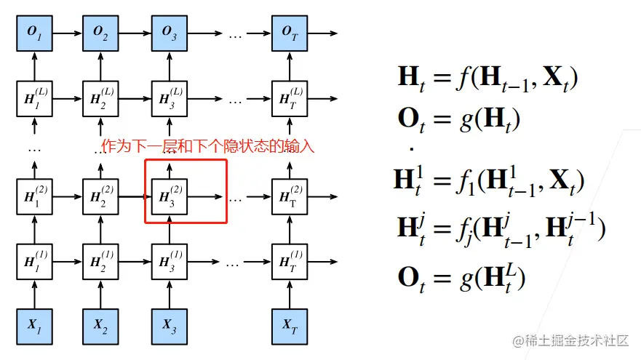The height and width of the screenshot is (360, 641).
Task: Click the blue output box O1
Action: [35, 33]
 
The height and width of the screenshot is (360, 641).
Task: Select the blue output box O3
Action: [170, 33]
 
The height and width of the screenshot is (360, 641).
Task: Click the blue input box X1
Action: [35, 326]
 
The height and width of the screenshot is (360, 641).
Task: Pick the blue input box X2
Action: [103, 326]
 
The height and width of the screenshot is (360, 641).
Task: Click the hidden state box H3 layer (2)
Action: [170, 197]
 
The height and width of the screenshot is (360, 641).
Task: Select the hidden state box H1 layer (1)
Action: [35, 261]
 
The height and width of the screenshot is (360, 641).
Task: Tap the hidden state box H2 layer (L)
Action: [103, 97]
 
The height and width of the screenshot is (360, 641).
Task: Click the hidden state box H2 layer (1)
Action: [103, 261]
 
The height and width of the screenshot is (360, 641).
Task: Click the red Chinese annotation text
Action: [207, 146]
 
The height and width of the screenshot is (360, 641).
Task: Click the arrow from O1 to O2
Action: [68, 33]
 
